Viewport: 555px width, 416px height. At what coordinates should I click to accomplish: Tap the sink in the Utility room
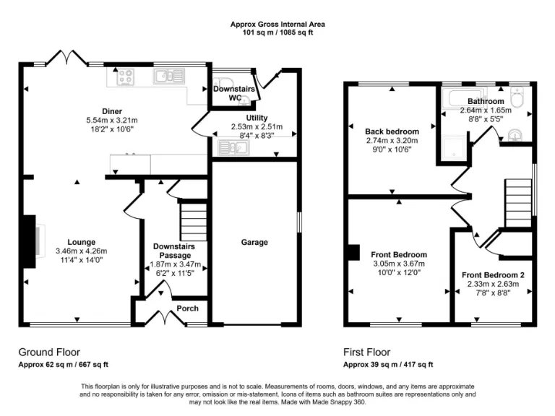233,148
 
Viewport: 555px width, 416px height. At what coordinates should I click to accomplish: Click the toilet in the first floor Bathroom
517,97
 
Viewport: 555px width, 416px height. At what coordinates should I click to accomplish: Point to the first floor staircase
517,201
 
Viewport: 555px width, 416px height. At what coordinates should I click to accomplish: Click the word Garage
254,242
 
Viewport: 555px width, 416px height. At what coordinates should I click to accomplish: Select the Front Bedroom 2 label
493,275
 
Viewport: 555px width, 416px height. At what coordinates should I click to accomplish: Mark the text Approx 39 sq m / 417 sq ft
388,365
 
